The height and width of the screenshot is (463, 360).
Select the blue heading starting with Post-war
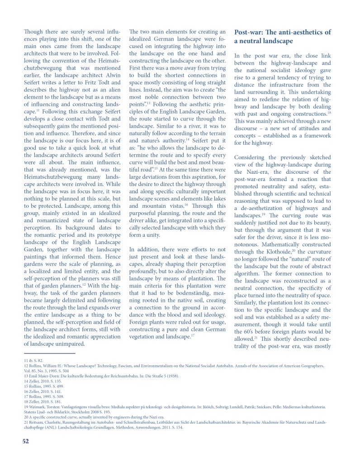click(x=283, y=37)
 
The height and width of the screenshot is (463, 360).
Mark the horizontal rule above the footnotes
click(x=49, y=353)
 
